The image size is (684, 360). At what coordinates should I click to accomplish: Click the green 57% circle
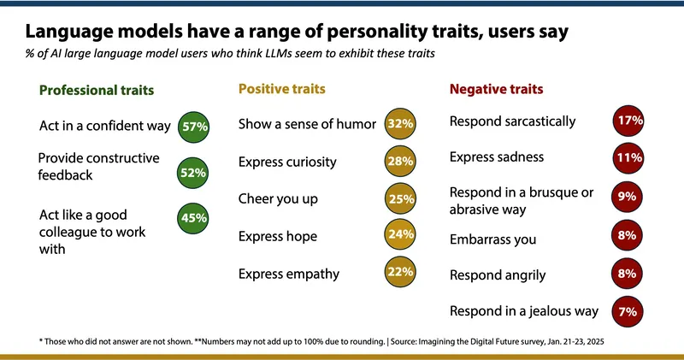(x=195, y=127)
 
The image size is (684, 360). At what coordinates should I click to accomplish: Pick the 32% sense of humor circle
(x=400, y=124)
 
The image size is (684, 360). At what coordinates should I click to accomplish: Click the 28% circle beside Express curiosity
(x=400, y=162)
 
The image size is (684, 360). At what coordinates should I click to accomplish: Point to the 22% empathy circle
(x=400, y=274)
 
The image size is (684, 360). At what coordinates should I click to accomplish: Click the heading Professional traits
(x=96, y=90)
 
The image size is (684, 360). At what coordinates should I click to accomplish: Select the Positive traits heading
(x=281, y=88)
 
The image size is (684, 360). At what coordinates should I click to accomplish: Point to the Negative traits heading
(x=497, y=88)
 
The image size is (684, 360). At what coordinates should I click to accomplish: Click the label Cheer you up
(x=278, y=199)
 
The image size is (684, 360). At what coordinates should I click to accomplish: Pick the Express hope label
(x=278, y=236)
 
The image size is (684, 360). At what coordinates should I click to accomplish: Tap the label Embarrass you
(x=492, y=239)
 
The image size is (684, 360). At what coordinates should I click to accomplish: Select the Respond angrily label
(x=498, y=274)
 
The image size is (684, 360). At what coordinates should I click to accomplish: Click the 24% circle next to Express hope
(x=400, y=237)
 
